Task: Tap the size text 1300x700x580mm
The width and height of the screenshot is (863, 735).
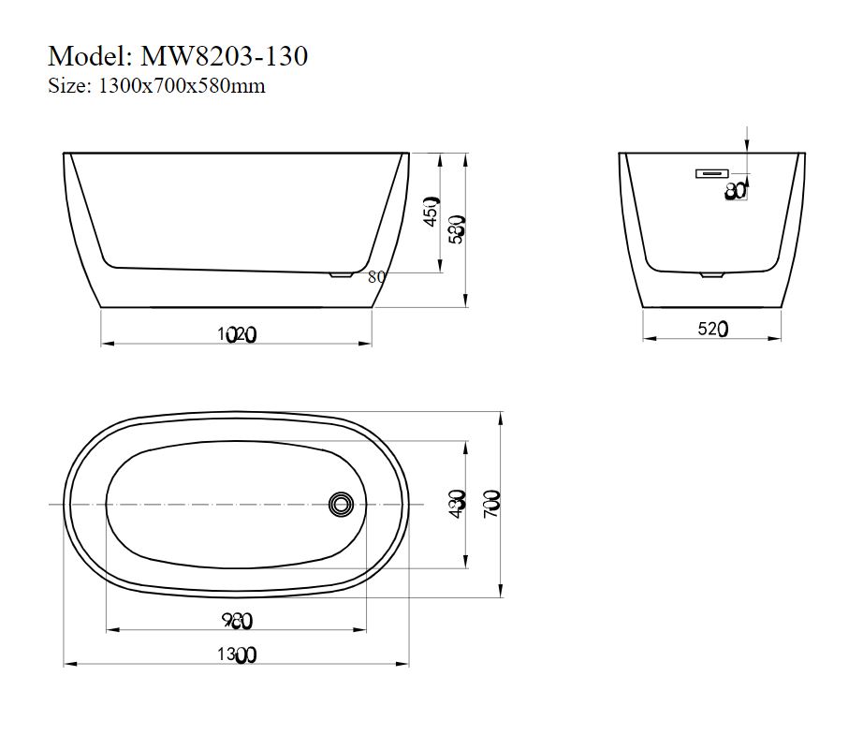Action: pyautogui.click(x=182, y=86)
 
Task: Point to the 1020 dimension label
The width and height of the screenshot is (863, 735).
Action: pyautogui.click(x=236, y=332)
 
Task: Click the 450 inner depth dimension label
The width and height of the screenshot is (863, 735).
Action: pyautogui.click(x=431, y=211)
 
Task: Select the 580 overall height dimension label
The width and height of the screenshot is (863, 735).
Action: pyautogui.click(x=458, y=228)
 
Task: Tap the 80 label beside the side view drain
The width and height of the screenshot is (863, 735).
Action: pyautogui.click(x=377, y=276)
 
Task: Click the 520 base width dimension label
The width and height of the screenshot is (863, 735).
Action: pyautogui.click(x=712, y=329)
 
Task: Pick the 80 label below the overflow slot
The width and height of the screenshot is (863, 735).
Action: pyautogui.click(x=736, y=191)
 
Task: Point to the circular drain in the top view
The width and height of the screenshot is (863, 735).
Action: pyautogui.click(x=341, y=505)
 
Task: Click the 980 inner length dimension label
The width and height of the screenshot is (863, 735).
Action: pyautogui.click(x=236, y=620)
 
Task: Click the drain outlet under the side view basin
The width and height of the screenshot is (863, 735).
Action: pyautogui.click(x=340, y=274)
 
